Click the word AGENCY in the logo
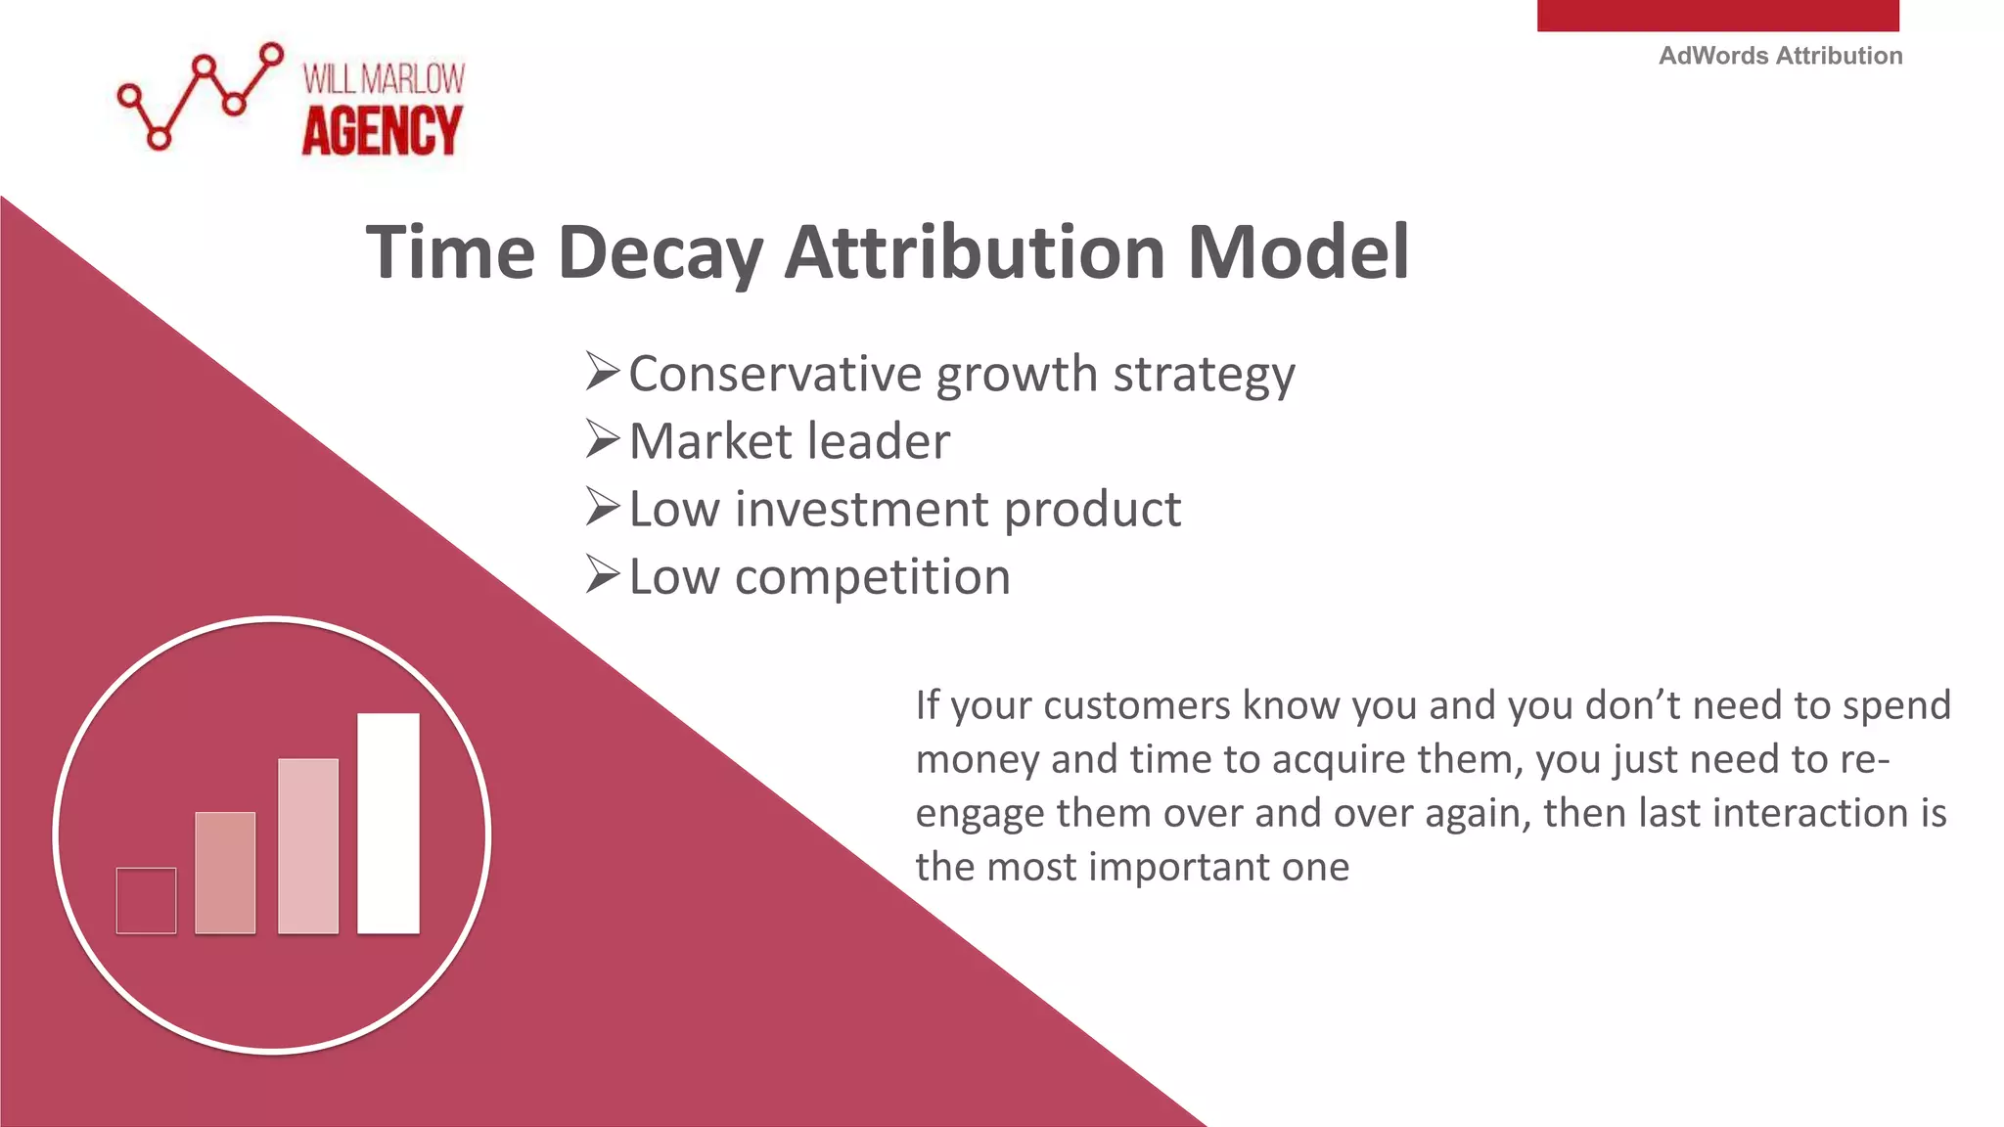[x=382, y=132]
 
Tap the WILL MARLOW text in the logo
[x=384, y=79]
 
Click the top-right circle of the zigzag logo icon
[x=272, y=54]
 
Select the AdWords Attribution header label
[x=1780, y=56]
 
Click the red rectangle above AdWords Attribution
[x=1717, y=15]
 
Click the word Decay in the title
[x=660, y=253]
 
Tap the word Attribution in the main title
[x=975, y=252]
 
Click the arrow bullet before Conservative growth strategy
[x=603, y=373]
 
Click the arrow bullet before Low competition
[x=603, y=575]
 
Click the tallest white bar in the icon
[x=388, y=823]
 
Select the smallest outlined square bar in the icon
[x=146, y=900]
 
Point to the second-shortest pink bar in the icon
[x=225, y=872]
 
